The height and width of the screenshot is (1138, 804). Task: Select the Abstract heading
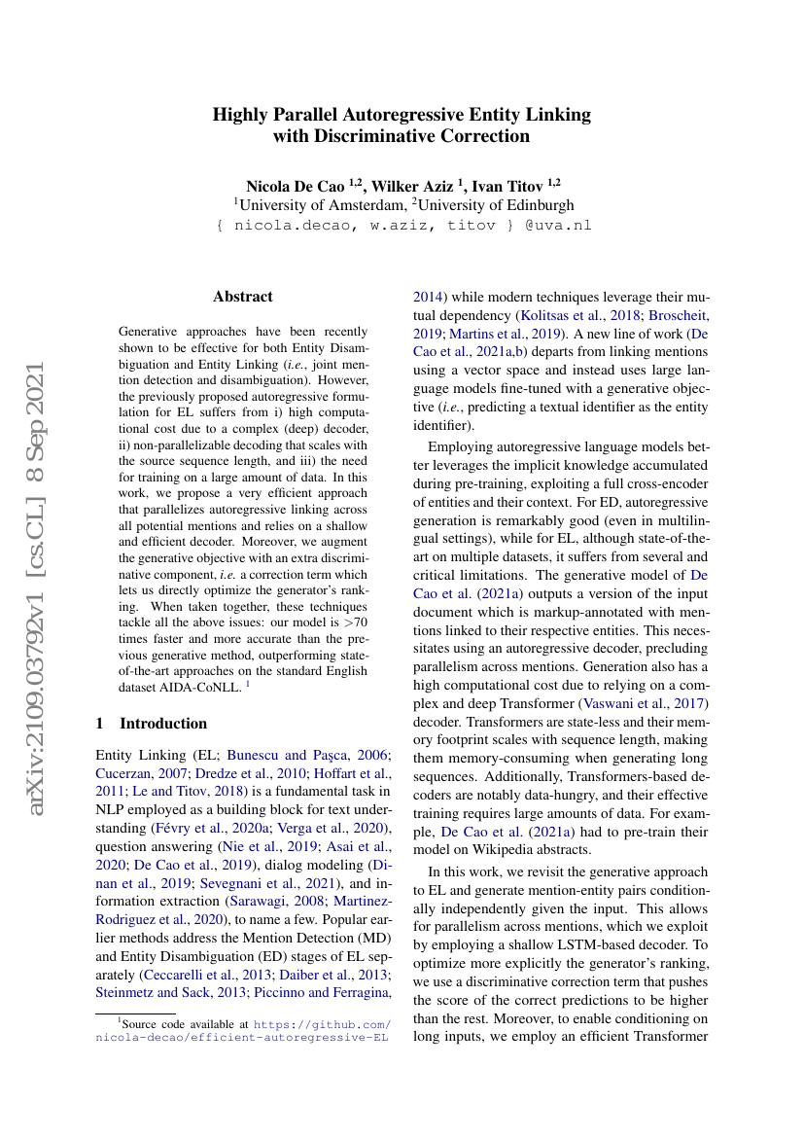pos(243,297)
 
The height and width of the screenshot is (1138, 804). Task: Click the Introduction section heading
pos(162,723)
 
